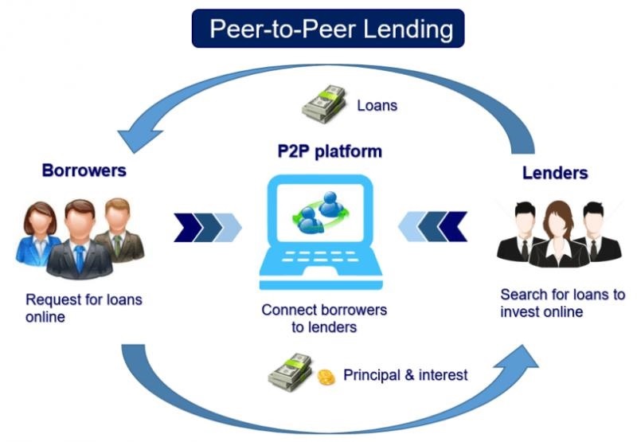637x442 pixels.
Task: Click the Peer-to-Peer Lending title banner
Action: click(x=327, y=29)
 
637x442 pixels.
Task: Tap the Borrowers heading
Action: click(x=84, y=170)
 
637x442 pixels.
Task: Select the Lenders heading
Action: click(x=555, y=173)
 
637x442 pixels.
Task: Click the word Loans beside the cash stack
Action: click(x=377, y=105)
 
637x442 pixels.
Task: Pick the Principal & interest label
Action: click(x=405, y=374)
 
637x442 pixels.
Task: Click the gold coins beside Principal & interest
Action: click(x=326, y=377)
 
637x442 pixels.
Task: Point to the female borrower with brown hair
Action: click(x=37, y=231)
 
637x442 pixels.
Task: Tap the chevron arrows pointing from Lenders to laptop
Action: click(x=432, y=226)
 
